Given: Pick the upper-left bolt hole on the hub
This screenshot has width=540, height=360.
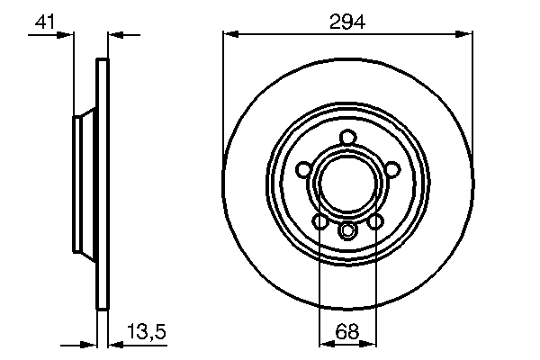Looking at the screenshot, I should tap(303, 167).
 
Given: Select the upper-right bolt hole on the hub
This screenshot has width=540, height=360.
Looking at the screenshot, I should tap(391, 167).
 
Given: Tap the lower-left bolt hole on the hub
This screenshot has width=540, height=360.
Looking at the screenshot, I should tap(319, 220).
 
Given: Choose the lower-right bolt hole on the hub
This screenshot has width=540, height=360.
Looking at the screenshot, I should tap(375, 220).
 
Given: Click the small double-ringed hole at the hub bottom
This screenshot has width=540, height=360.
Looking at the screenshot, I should tap(347, 232).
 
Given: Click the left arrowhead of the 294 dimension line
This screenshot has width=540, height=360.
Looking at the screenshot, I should tap(229, 34).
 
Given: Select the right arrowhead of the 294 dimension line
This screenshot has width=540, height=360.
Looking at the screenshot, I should tap(466, 34).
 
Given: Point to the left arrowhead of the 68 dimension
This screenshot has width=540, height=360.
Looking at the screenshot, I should tap(325, 343).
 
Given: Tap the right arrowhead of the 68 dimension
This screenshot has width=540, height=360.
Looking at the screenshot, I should tap(367, 343).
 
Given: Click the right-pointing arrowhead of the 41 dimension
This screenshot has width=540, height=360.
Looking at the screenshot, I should tap(66, 34).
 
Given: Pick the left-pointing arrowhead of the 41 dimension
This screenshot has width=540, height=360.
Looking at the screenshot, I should tap(114, 34).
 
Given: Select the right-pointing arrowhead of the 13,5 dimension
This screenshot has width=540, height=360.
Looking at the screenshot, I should tap(91, 343).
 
